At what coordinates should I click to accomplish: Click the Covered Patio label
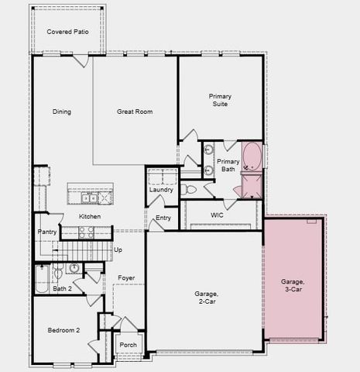pos(67,32)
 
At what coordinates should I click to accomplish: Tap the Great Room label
pos(135,112)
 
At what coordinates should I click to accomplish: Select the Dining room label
pos(62,112)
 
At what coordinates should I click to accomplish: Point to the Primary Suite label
pos(220,100)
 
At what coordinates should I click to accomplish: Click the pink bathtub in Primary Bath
pos(252,157)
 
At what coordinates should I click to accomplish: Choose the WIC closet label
pos(218,213)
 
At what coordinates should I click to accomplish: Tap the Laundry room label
pos(161,190)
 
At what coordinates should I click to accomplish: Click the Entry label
pos(163,219)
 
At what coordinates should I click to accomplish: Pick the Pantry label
pos(46,232)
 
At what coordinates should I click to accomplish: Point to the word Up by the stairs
pos(118,250)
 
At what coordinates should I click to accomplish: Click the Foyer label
pos(126,277)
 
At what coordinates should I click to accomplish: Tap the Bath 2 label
pos(62,289)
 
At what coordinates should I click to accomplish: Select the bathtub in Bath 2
pos(42,279)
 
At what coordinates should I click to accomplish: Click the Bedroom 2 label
pos(63,330)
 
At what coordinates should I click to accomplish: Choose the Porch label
pos(128,345)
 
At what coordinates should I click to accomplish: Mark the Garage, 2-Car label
pos(206,298)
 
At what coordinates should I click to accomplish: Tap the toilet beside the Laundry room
pos(190,189)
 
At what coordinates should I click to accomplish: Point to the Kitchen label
pos(90,216)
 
